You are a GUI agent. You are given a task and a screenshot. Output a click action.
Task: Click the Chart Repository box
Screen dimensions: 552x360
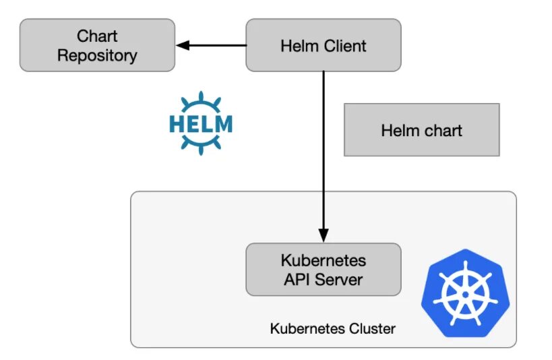tap(97, 45)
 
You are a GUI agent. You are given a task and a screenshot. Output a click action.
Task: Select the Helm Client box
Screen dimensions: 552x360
tap(323, 45)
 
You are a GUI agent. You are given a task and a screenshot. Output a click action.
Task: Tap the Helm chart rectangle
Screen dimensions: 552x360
tap(421, 129)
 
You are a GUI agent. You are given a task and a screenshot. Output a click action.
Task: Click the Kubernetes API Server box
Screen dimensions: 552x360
tap(323, 270)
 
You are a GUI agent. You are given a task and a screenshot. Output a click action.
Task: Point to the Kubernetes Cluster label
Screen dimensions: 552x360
tap(333, 328)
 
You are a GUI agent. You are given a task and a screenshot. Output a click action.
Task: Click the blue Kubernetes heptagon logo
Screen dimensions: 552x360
tap(465, 293)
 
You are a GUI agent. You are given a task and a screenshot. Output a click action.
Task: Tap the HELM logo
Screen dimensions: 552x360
tap(201, 123)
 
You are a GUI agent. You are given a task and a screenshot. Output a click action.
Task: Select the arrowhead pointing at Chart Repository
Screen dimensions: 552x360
tap(183, 45)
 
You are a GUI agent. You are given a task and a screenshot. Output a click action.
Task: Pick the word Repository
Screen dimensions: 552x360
tap(97, 56)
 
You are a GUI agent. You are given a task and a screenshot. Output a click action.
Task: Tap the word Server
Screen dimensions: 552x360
tap(338, 280)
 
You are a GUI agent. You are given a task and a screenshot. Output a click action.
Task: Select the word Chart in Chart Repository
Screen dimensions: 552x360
tap(97, 36)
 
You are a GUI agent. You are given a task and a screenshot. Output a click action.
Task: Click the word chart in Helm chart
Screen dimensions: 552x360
tap(443, 130)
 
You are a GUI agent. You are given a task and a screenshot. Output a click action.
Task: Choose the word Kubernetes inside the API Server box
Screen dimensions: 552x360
tap(323, 261)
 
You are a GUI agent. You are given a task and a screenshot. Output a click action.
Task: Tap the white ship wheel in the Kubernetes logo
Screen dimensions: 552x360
tap(466, 293)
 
